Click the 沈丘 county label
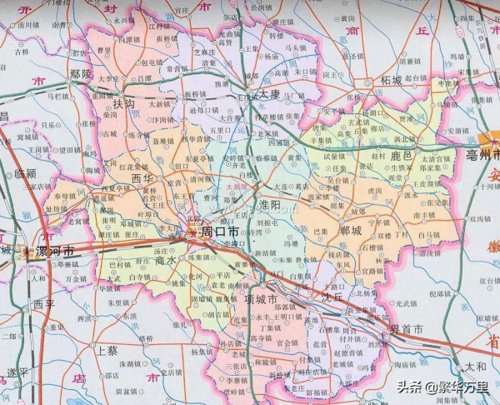[x=332, y=295]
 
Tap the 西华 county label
[x=142, y=177]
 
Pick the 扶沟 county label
[x=124, y=103]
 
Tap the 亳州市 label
[x=482, y=155]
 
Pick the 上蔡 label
[x=107, y=350]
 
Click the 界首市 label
[x=406, y=330]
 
